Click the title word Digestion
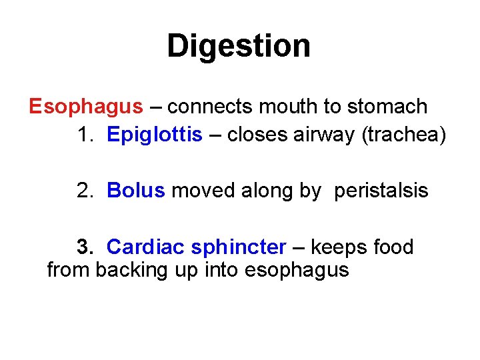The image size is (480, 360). tap(239, 47)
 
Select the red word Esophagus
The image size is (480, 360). tap(86, 107)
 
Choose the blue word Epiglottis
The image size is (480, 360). tap(154, 135)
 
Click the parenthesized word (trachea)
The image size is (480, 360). tap(403, 135)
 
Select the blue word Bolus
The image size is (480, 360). tap(135, 191)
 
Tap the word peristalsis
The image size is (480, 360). tap(381, 191)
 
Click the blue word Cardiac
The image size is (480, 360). tap(145, 247)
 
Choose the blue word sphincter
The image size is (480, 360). tap(238, 247)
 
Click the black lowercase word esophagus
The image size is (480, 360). tap(297, 270)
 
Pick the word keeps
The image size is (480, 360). tap(337, 247)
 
